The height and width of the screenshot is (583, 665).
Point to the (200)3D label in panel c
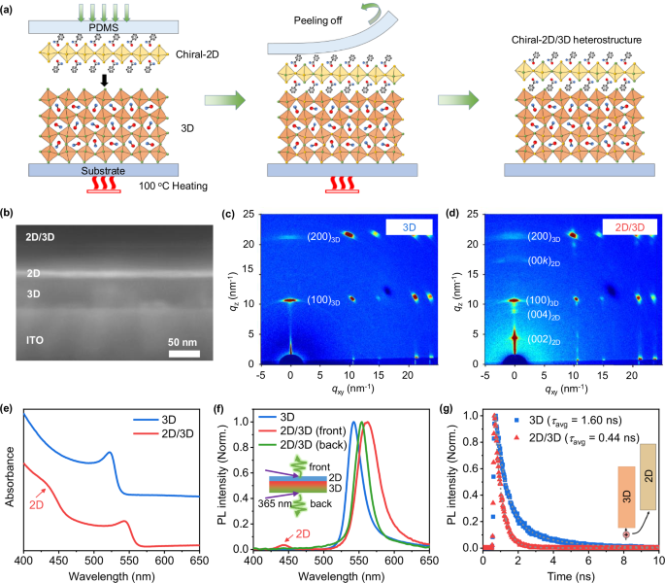(x=328, y=236)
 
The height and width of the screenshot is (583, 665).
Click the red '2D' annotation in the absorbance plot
(x=40, y=478)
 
